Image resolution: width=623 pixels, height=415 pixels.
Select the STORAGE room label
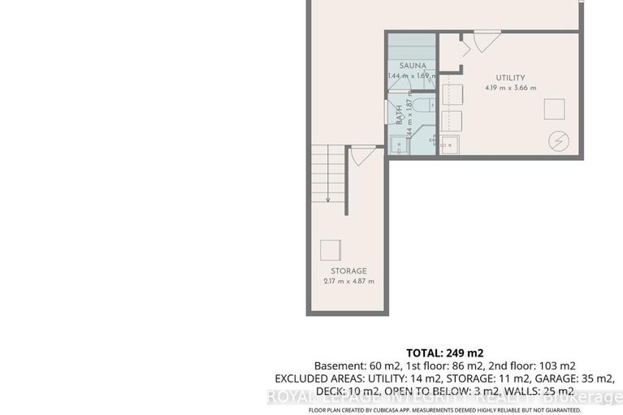click(348, 270)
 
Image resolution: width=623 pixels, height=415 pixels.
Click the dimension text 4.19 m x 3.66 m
click(511, 87)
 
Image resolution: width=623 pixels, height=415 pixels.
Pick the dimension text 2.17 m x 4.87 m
click(348, 282)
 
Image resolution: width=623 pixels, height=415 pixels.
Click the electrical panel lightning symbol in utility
click(558, 140)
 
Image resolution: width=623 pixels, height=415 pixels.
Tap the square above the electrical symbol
click(555, 109)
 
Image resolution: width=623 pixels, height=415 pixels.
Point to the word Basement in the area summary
click(340, 365)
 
